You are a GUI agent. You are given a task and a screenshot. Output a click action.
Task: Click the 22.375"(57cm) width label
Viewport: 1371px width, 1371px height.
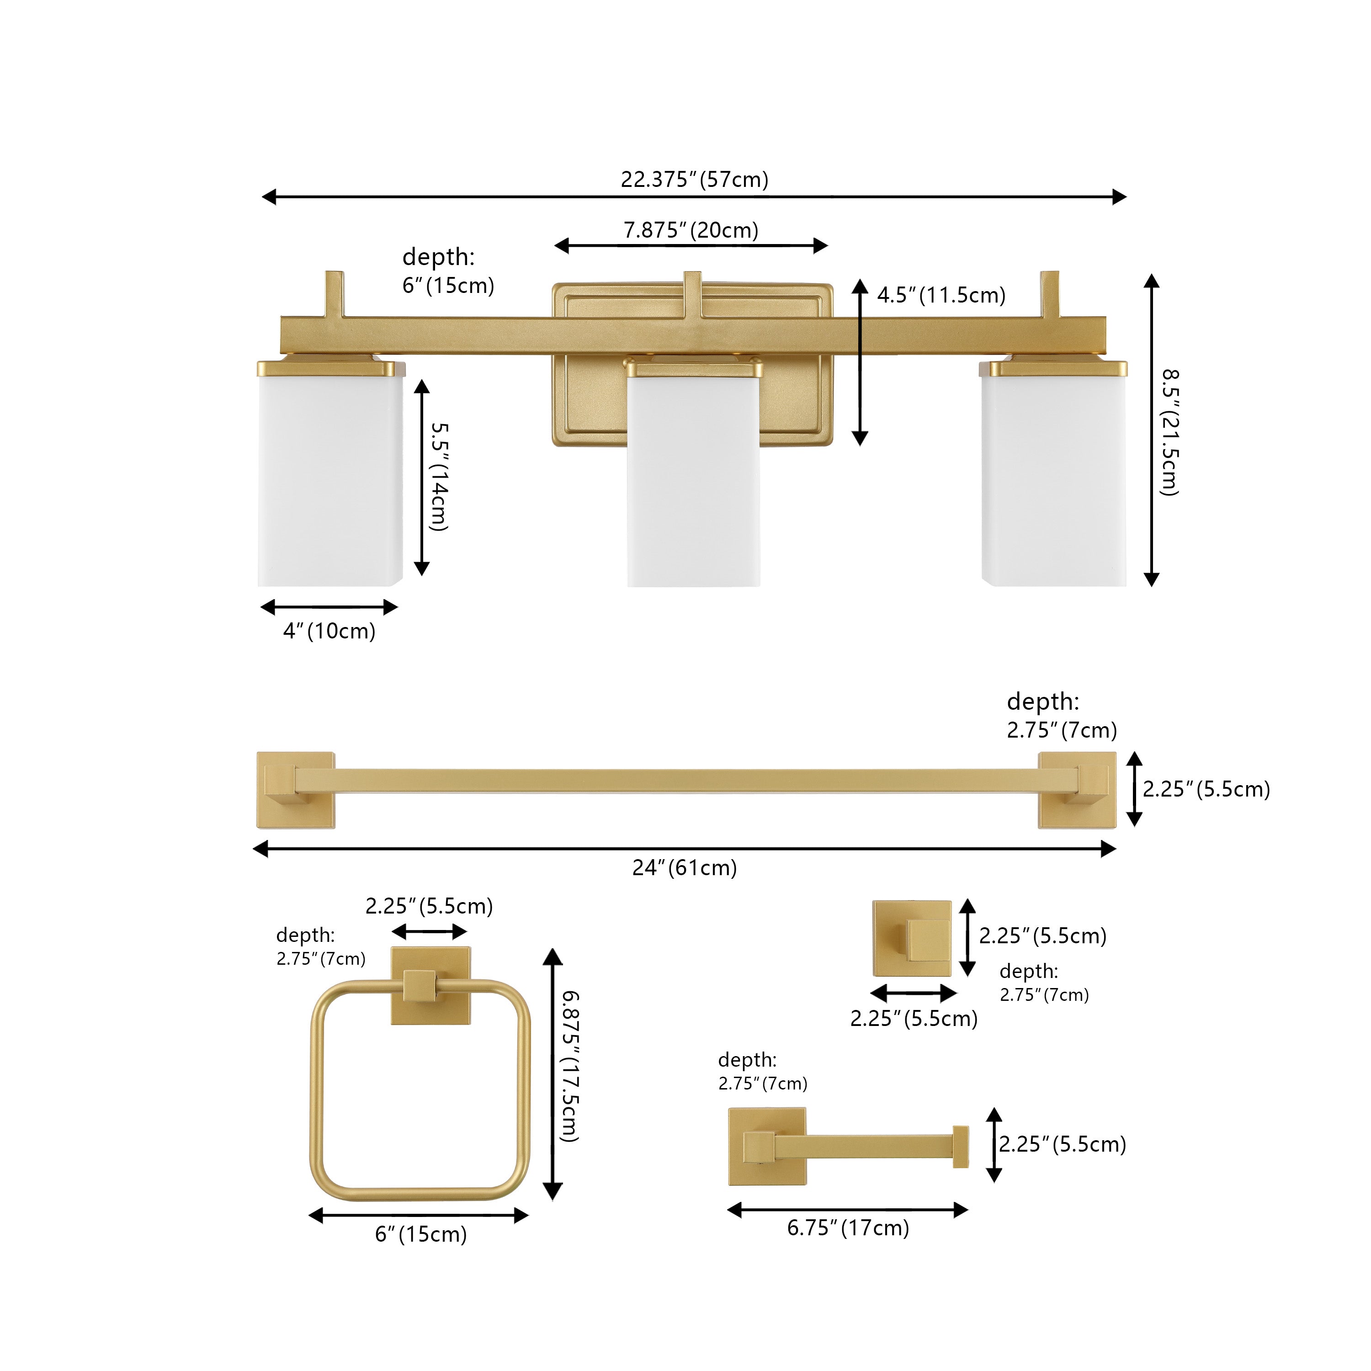coord(695,180)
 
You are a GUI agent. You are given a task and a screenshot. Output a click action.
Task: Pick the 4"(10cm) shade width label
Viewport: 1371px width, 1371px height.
coord(329,631)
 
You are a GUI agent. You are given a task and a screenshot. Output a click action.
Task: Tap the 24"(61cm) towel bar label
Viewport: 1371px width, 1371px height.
coord(685,867)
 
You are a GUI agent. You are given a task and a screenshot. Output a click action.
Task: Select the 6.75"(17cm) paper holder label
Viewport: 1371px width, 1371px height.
coord(848,1227)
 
